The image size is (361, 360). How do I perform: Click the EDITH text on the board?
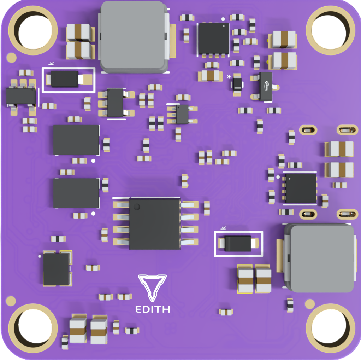(153, 309)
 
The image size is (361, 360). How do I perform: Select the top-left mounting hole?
(33, 30)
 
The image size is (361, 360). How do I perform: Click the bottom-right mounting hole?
(330, 328)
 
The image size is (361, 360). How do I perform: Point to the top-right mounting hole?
(330, 30)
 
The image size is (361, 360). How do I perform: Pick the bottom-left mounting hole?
(33, 328)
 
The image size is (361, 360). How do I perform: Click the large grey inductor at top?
(134, 37)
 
